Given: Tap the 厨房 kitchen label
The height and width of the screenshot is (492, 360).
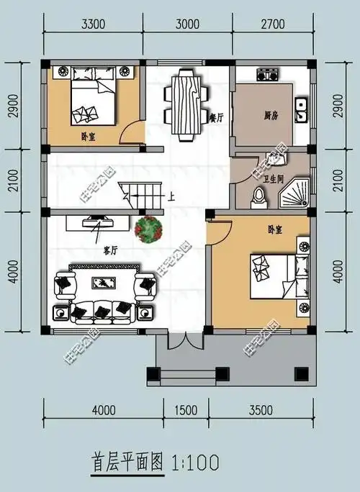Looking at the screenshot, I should pyautogui.click(x=271, y=114).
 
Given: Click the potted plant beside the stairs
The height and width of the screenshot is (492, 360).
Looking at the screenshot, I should pyautogui.click(x=149, y=229).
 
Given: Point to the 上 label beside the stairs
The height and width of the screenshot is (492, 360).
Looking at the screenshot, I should pyautogui.click(x=171, y=194).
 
